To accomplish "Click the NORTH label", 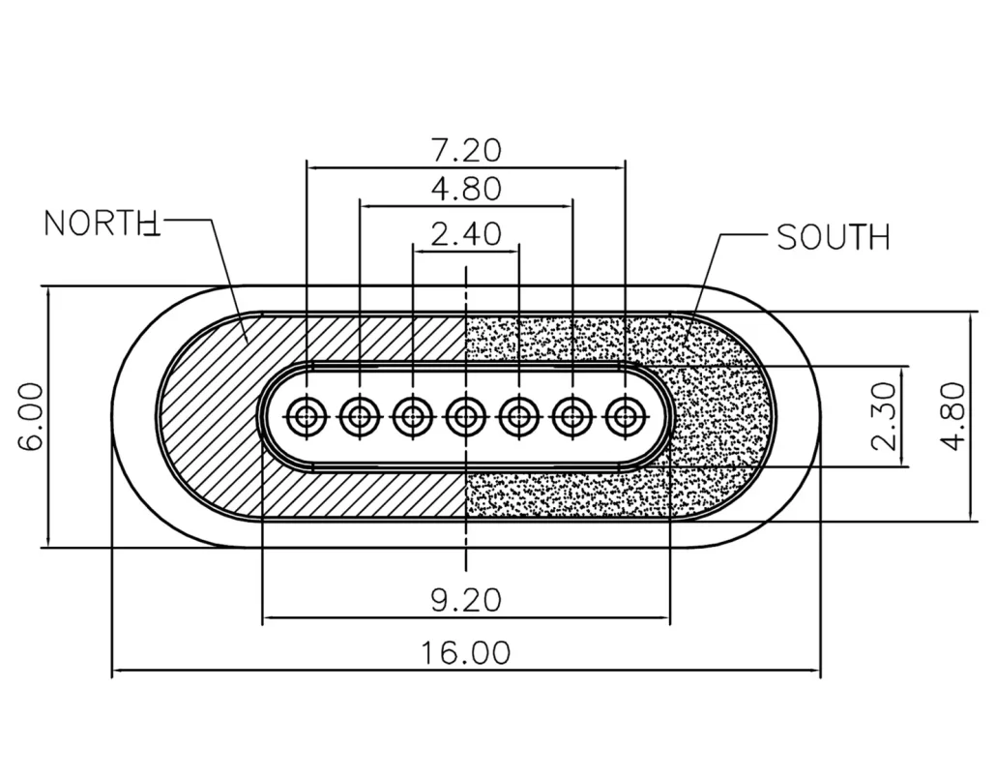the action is [x=102, y=224].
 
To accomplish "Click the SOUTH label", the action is [x=833, y=237].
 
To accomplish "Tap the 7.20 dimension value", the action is [x=466, y=150].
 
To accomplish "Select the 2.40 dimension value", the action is [x=466, y=233].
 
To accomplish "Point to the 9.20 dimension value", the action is [x=466, y=600].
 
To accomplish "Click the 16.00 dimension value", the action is [x=466, y=652].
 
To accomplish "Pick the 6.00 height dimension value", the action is [x=31, y=416].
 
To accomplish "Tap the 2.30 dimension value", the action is [x=884, y=416].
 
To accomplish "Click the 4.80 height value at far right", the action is [x=952, y=416].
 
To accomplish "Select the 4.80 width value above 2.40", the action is [x=466, y=189].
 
